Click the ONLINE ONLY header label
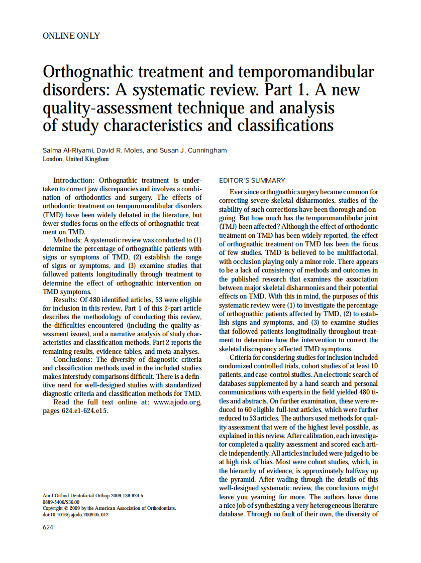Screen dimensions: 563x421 coord(71,36)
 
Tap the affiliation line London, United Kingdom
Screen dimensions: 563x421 coord(75,159)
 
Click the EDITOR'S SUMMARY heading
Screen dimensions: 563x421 coord(252,181)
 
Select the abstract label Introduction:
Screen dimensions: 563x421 coord(74,180)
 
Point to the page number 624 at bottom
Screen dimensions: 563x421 coord(48,527)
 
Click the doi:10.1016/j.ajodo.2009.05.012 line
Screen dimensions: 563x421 coord(75,514)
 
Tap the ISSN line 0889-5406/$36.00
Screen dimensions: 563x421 coord(61,502)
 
